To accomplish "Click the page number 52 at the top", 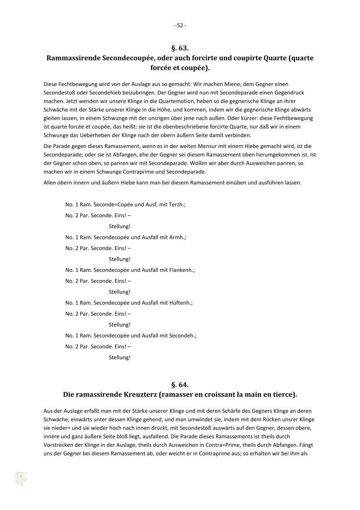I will tap(180, 25).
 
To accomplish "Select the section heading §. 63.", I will tap(180, 48).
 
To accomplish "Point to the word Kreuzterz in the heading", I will tap(138, 394).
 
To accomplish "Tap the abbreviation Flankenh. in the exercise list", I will tap(182, 270).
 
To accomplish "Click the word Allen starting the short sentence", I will tap(51, 183).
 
